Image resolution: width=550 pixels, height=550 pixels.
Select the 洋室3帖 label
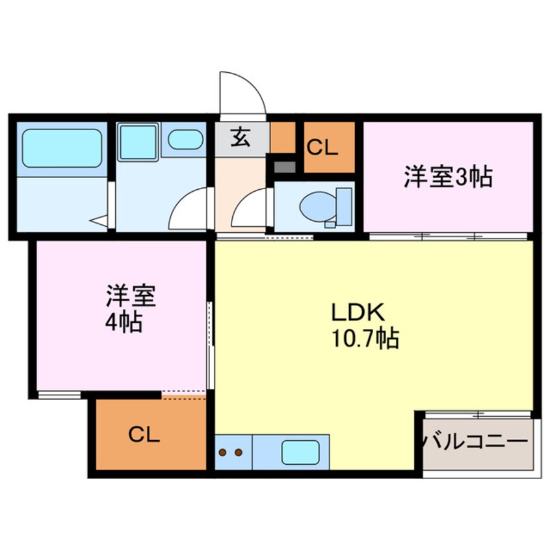click(447, 177)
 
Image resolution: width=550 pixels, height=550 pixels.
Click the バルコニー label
click(475, 443)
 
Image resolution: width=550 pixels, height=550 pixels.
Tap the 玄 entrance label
click(240, 138)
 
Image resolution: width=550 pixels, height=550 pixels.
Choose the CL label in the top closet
click(322, 148)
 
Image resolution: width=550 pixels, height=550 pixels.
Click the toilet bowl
click(315, 207)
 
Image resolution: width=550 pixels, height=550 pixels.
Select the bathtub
click(62, 148)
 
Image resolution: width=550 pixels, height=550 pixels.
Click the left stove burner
click(224, 452)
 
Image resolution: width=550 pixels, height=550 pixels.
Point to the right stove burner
click(238, 452)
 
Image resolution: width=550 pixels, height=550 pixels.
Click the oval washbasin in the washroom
click(185, 139)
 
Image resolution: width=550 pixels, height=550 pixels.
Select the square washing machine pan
click(138, 142)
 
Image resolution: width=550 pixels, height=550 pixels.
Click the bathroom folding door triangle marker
click(99, 221)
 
